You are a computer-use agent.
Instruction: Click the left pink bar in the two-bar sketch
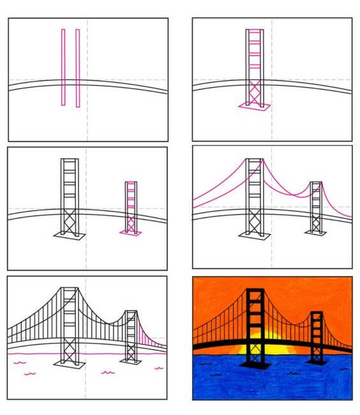pyautogui.click(x=63, y=66)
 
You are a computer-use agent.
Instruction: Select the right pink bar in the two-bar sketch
pyautogui.click(x=78, y=66)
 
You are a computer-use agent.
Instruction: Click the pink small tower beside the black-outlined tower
pyautogui.click(x=131, y=207)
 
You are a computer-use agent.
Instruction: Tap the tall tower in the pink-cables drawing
pyautogui.click(x=254, y=197)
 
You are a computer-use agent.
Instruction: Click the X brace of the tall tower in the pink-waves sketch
pyautogui.click(x=69, y=351)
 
